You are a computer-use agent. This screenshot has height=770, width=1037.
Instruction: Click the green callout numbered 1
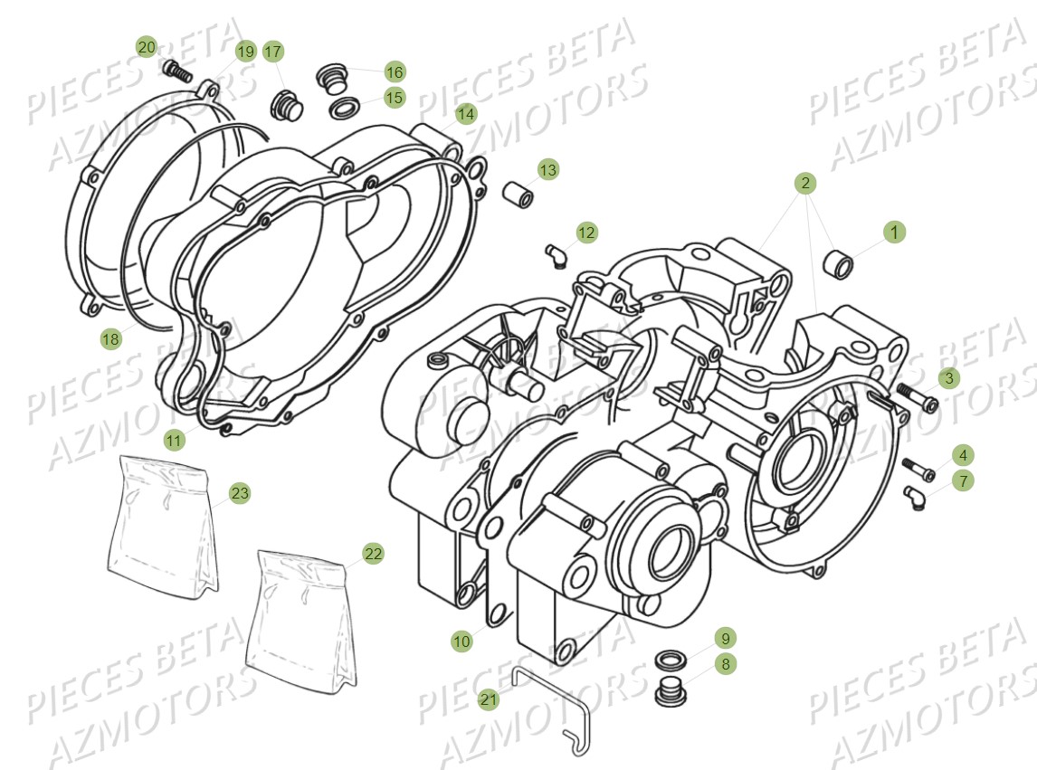(x=894, y=233)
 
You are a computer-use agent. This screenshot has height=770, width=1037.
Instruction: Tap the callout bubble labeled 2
(x=805, y=183)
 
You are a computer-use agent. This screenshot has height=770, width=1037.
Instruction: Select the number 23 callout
(x=239, y=493)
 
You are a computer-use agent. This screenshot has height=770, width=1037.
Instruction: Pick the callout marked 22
(x=374, y=554)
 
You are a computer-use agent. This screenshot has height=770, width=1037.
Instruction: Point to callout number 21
(x=489, y=699)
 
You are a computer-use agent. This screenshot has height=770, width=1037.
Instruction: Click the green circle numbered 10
(x=461, y=641)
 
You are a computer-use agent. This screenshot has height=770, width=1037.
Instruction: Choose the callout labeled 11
(x=174, y=440)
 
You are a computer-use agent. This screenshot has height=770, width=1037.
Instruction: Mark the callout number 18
(x=110, y=339)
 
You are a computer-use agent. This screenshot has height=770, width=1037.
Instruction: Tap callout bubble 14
(x=465, y=114)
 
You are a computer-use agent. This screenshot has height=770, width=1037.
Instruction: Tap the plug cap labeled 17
(x=286, y=105)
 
